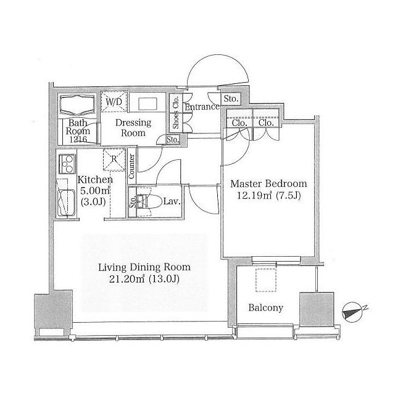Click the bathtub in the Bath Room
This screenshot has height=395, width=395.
(x=77, y=105)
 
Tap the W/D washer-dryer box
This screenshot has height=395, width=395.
(x=114, y=101)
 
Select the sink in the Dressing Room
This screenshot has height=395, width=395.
(x=148, y=104)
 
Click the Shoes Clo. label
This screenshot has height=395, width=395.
(x=175, y=112)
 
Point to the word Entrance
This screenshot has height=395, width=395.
(x=202, y=107)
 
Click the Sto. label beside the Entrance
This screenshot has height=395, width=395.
(x=231, y=99)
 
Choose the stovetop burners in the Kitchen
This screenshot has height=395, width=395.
(x=67, y=164)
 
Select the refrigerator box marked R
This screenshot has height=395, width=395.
(x=114, y=160)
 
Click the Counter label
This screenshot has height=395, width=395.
(x=131, y=167)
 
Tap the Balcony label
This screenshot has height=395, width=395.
(x=266, y=308)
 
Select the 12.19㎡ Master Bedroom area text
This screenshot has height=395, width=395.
(x=254, y=196)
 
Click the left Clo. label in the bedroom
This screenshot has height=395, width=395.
(x=239, y=123)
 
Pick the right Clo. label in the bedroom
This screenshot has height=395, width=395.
(x=266, y=123)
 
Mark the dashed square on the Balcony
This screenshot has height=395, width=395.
(x=266, y=280)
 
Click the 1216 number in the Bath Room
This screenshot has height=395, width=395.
(x=78, y=139)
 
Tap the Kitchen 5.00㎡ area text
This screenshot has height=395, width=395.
(x=95, y=191)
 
